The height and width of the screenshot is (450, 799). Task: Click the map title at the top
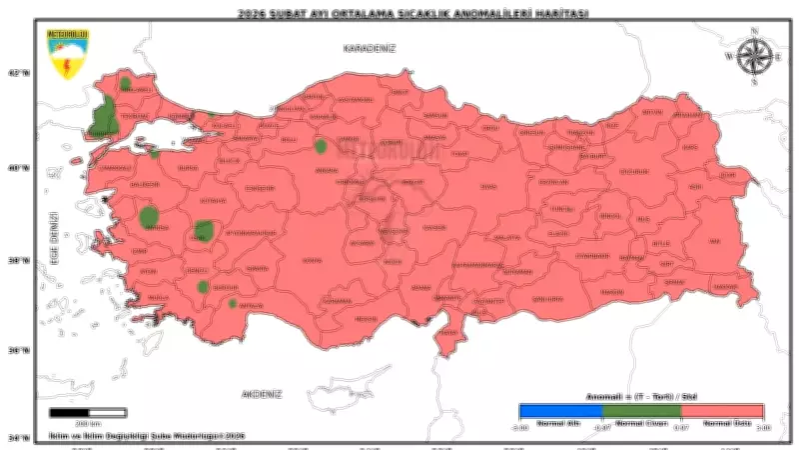coord(399,14)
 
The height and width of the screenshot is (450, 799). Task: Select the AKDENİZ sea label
coord(262,394)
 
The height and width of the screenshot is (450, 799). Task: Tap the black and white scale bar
coord(88,412)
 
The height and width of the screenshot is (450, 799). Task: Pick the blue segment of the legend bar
coord(559,410)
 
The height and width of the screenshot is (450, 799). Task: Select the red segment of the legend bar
coord(723,410)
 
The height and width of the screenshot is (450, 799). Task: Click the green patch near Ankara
coord(321,146)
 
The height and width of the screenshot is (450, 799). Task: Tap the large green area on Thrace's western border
coord(102,119)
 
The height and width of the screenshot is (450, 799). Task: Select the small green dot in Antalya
coord(233,303)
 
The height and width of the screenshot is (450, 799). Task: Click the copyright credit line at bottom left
coord(147,436)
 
